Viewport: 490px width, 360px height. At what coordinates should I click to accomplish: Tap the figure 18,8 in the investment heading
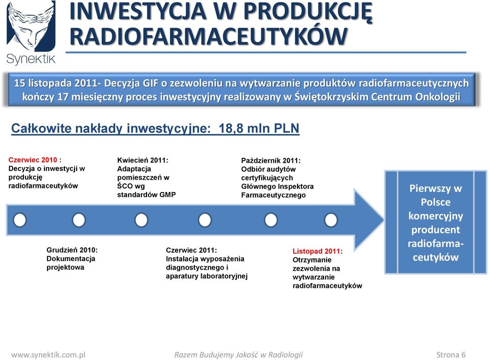click(231, 129)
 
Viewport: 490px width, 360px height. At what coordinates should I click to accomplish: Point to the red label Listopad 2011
click(317, 251)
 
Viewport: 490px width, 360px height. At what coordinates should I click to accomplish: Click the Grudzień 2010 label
click(72, 250)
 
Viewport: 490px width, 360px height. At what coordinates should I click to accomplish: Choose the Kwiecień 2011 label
click(143, 160)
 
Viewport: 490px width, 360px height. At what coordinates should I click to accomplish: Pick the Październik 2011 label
click(271, 161)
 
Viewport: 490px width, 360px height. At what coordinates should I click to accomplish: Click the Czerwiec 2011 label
click(191, 250)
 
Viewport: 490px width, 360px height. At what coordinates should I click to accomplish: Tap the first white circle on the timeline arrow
click(20, 220)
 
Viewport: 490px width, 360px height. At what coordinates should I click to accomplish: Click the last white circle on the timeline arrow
click(331, 220)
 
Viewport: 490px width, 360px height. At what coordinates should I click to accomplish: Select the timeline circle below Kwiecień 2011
click(141, 220)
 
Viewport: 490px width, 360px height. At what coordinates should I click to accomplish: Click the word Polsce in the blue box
click(435, 202)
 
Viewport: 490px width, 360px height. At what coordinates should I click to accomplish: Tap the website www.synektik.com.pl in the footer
click(48, 355)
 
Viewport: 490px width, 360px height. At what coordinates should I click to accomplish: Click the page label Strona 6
click(451, 355)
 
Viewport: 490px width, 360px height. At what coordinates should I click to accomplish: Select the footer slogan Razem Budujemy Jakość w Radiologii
click(238, 355)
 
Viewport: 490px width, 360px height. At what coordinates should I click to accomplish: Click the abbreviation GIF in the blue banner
click(151, 83)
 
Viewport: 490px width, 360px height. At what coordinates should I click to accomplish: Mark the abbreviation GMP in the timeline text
click(167, 195)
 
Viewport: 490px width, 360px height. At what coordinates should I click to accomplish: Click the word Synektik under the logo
click(31, 59)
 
